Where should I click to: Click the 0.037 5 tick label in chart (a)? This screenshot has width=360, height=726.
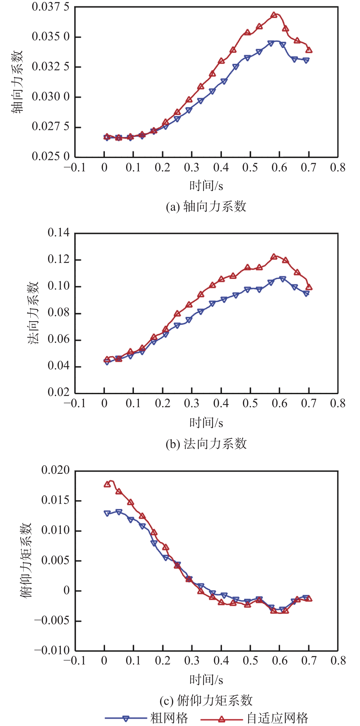[50, 7]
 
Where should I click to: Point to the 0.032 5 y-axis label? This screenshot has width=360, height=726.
[50, 67]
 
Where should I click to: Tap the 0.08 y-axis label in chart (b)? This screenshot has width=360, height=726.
[58, 312]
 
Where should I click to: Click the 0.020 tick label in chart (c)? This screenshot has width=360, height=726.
[55, 470]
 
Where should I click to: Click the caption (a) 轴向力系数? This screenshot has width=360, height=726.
[206, 207]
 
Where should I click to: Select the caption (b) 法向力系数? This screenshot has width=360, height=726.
[206, 444]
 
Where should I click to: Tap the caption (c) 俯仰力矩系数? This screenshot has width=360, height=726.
[206, 700]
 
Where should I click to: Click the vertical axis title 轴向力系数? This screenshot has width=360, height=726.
[17, 82]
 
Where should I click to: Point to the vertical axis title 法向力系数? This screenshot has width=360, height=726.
[33, 313]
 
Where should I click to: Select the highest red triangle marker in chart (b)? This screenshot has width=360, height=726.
[274, 257]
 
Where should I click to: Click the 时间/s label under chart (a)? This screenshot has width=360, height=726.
[206, 186]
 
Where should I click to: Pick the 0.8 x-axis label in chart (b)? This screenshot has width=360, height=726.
[338, 404]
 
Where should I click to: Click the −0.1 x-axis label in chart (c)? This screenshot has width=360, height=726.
[75, 661]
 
